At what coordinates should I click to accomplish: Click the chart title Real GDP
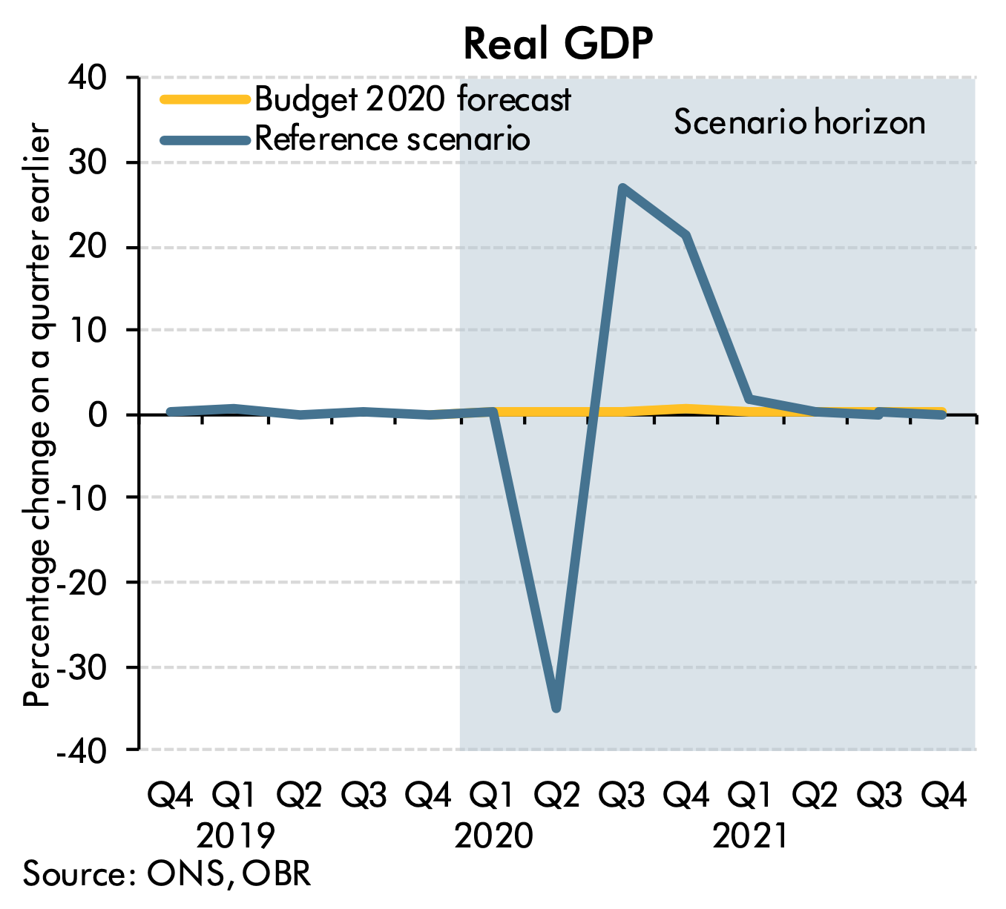pos(558,44)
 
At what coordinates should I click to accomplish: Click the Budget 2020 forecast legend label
pos(412,99)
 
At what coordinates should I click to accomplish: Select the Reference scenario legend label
pos(392,139)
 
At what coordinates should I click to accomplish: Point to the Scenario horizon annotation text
pos(799,122)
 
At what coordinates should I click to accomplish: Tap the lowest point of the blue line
pos(556,708)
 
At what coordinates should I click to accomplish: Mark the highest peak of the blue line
pos(622,188)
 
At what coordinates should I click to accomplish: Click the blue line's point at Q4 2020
pos(687,237)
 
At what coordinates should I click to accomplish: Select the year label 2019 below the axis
pos(235,836)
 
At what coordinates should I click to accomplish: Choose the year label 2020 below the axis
pos(493,836)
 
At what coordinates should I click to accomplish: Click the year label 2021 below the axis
pos(751,836)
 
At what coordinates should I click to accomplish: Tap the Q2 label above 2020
pos(557,796)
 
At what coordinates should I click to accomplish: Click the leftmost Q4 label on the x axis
pos(171,796)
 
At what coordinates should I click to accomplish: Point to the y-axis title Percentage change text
pos(37,415)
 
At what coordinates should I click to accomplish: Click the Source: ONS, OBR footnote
pos(167,873)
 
